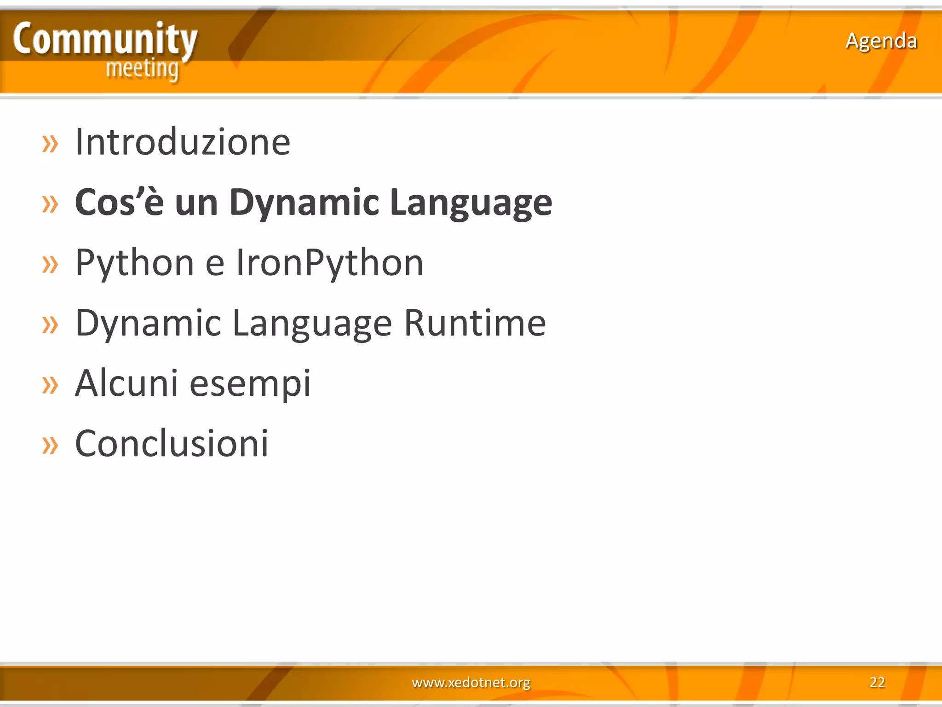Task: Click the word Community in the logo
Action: (105, 40)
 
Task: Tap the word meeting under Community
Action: (142, 69)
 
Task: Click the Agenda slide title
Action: (881, 41)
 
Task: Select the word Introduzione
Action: (183, 142)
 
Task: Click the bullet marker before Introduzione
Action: (50, 144)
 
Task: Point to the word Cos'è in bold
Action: (119, 203)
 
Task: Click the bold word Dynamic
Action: (304, 203)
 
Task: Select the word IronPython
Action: (329, 263)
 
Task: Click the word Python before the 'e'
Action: (134, 263)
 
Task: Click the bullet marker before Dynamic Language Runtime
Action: (50, 325)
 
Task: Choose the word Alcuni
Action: (126, 383)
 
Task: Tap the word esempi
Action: (250, 384)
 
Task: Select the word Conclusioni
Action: (172, 443)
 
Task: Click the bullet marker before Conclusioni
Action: (50, 445)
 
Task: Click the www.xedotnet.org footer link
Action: (471, 682)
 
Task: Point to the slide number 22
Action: (877, 682)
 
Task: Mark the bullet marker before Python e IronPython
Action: (50, 264)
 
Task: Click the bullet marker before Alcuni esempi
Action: (50, 385)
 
